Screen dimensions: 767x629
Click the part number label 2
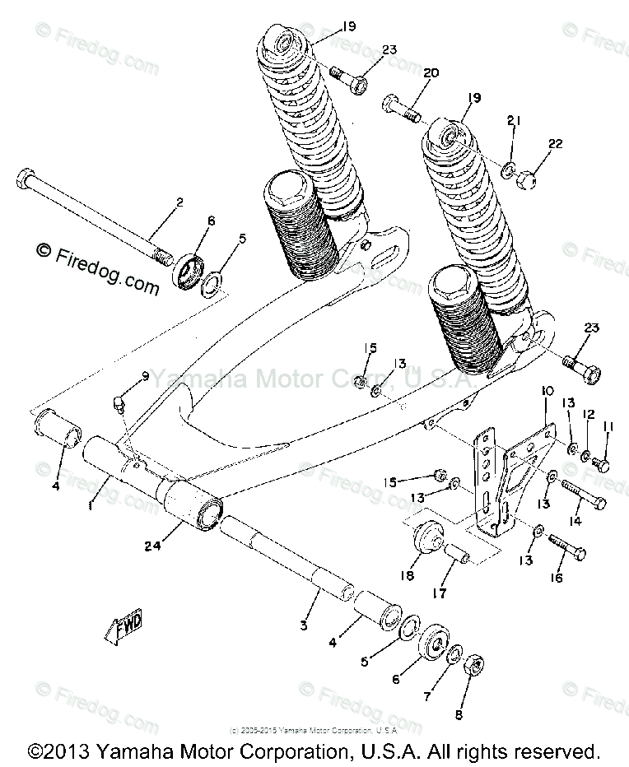(179, 201)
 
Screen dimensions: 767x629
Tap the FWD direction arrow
(124, 630)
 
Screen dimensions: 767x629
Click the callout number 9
(144, 377)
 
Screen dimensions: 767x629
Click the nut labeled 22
(531, 174)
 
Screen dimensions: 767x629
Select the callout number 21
(514, 122)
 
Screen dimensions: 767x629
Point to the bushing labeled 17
(459, 561)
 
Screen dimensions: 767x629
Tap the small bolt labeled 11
(602, 465)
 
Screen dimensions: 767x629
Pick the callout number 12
(588, 414)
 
